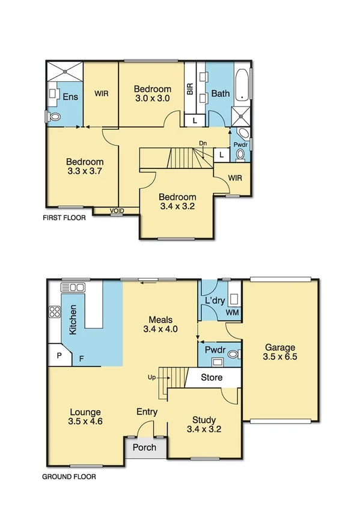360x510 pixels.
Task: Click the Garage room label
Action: pyautogui.click(x=279, y=348)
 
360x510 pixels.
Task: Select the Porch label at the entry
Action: pyautogui.click(x=144, y=447)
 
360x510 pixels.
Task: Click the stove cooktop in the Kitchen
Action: pyautogui.click(x=54, y=312)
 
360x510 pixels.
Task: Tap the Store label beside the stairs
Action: pyautogui.click(x=211, y=378)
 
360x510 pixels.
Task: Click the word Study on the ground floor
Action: pyautogui.click(x=204, y=420)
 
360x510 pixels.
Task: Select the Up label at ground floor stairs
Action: pyautogui.click(x=152, y=378)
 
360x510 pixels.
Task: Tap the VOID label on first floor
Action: pyautogui.click(x=118, y=210)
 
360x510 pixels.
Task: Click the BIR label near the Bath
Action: pyautogui.click(x=190, y=90)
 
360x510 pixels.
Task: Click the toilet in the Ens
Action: pyautogui.click(x=55, y=117)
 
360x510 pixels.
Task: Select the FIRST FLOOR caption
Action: pyautogui.click(x=64, y=218)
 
